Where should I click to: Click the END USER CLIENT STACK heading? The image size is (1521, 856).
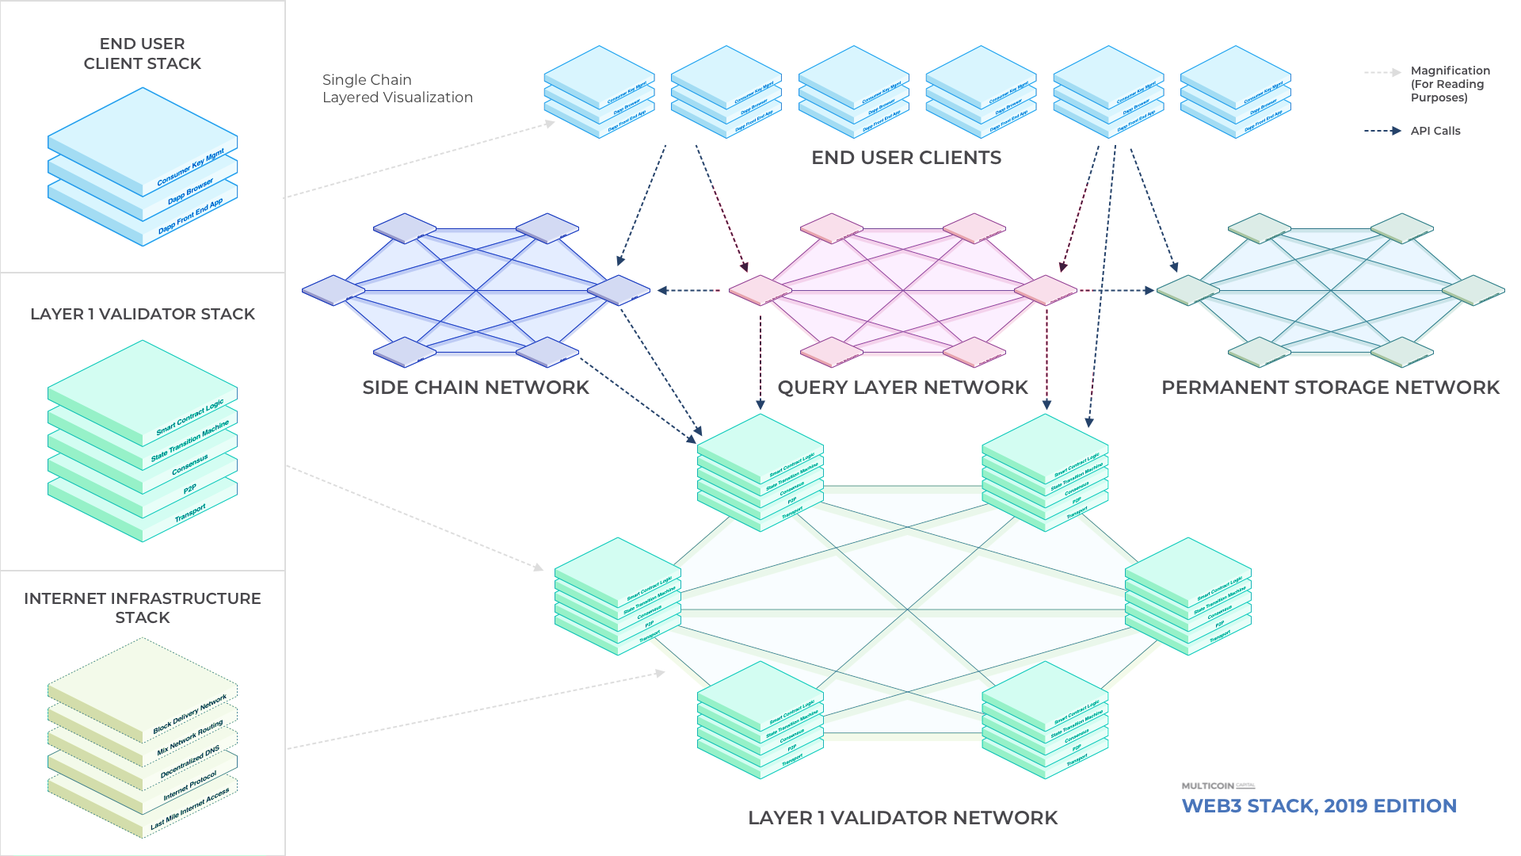pyautogui.click(x=143, y=53)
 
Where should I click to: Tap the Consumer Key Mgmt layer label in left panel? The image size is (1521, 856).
pyautogui.click(x=191, y=167)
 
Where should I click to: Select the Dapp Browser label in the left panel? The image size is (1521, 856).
pyautogui.click(x=190, y=191)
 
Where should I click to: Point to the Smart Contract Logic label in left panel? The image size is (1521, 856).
pyautogui.click(x=190, y=418)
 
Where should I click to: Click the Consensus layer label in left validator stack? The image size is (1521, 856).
pyautogui.click(x=190, y=465)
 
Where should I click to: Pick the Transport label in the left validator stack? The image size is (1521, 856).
pyautogui.click(x=190, y=514)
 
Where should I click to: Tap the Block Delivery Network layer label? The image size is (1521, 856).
pyautogui.click(x=190, y=714)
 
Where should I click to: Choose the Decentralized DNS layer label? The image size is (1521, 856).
pyautogui.click(x=190, y=762)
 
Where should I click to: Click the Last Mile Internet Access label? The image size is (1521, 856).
pyautogui.click(x=190, y=809)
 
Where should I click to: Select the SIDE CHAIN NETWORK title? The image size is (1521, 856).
pyautogui.click(x=476, y=388)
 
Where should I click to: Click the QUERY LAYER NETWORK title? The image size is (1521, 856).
pyautogui.click(x=902, y=388)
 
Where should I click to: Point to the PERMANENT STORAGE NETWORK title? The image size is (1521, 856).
pyautogui.click(x=1330, y=388)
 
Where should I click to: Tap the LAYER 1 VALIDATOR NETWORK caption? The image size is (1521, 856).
pyautogui.click(x=902, y=818)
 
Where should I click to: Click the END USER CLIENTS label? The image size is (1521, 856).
pyautogui.click(x=906, y=158)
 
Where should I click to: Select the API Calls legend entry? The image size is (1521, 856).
pyautogui.click(x=1435, y=131)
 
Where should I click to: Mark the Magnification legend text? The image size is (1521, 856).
pyautogui.click(x=1449, y=84)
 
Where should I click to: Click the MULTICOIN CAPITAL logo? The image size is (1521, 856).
pyautogui.click(x=1218, y=785)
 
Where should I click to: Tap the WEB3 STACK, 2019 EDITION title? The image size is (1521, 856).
pyautogui.click(x=1319, y=806)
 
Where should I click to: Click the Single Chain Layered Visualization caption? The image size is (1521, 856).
pyautogui.click(x=398, y=89)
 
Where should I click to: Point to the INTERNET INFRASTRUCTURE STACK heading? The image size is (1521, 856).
pyautogui.click(x=143, y=608)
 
